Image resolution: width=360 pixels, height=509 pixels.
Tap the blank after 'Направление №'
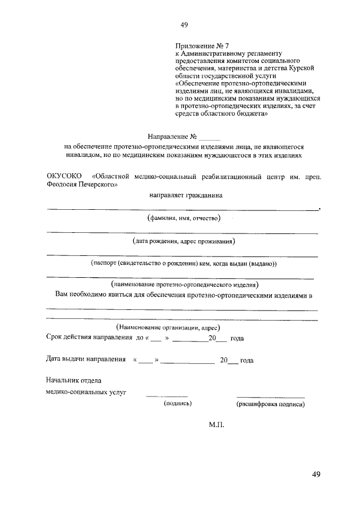[x=210, y=137]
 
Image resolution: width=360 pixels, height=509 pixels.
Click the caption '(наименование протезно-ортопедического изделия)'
[x=185, y=284]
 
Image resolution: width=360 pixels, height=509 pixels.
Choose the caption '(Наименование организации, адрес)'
[x=167, y=327]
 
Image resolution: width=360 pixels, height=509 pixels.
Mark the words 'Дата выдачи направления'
[x=85, y=359]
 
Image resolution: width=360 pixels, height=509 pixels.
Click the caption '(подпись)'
[x=178, y=403]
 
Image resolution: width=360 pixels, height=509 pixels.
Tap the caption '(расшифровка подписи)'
[x=271, y=403]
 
